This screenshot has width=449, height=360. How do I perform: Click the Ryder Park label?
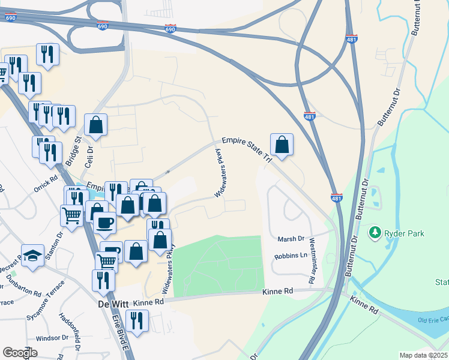[403, 231]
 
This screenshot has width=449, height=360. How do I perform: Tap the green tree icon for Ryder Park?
[376, 231]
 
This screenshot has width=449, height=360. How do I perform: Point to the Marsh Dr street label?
[291, 239]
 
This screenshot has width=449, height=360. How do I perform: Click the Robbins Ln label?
[291, 256]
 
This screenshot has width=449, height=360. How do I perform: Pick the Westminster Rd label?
[312, 260]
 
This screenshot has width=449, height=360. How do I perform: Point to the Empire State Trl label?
[247, 149]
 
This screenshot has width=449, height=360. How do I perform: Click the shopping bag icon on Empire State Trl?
[282, 145]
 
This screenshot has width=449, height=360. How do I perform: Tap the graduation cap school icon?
[33, 255]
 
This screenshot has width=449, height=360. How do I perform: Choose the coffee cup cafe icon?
[105, 223]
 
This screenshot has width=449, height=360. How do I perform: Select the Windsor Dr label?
[50, 338]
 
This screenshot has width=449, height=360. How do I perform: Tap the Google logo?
[20, 353]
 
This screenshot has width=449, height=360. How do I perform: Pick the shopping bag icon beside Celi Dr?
[95, 125]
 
